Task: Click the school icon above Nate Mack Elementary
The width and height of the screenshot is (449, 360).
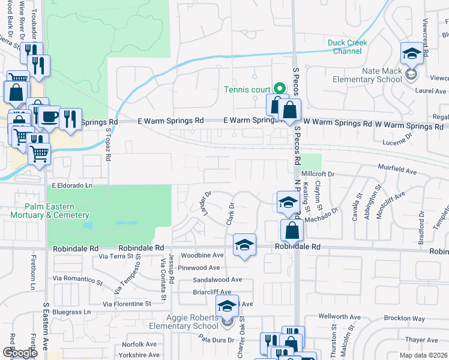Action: point(412,55)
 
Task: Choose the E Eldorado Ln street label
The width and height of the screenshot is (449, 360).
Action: point(72,186)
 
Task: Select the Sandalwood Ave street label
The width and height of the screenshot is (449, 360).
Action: point(217,280)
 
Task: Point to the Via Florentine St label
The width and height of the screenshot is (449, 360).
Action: point(127,304)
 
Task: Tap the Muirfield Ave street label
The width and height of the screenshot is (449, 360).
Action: point(397,170)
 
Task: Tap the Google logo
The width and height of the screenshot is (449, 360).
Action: point(20,353)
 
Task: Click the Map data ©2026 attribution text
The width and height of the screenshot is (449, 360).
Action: point(423,355)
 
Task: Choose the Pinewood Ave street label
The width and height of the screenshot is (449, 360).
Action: point(203,268)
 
